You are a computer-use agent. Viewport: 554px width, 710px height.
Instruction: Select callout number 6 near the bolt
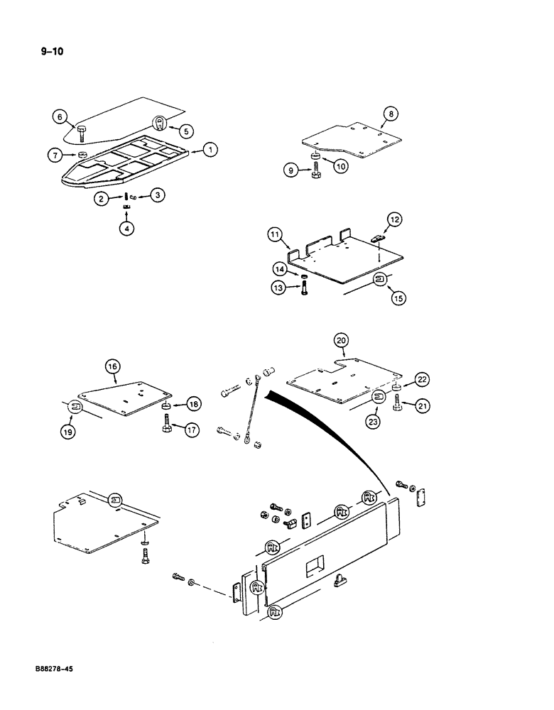(60, 117)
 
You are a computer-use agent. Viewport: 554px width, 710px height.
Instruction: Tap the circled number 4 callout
(126, 229)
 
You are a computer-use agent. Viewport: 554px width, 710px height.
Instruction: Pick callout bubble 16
(112, 366)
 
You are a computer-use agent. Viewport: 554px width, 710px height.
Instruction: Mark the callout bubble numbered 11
(276, 235)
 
